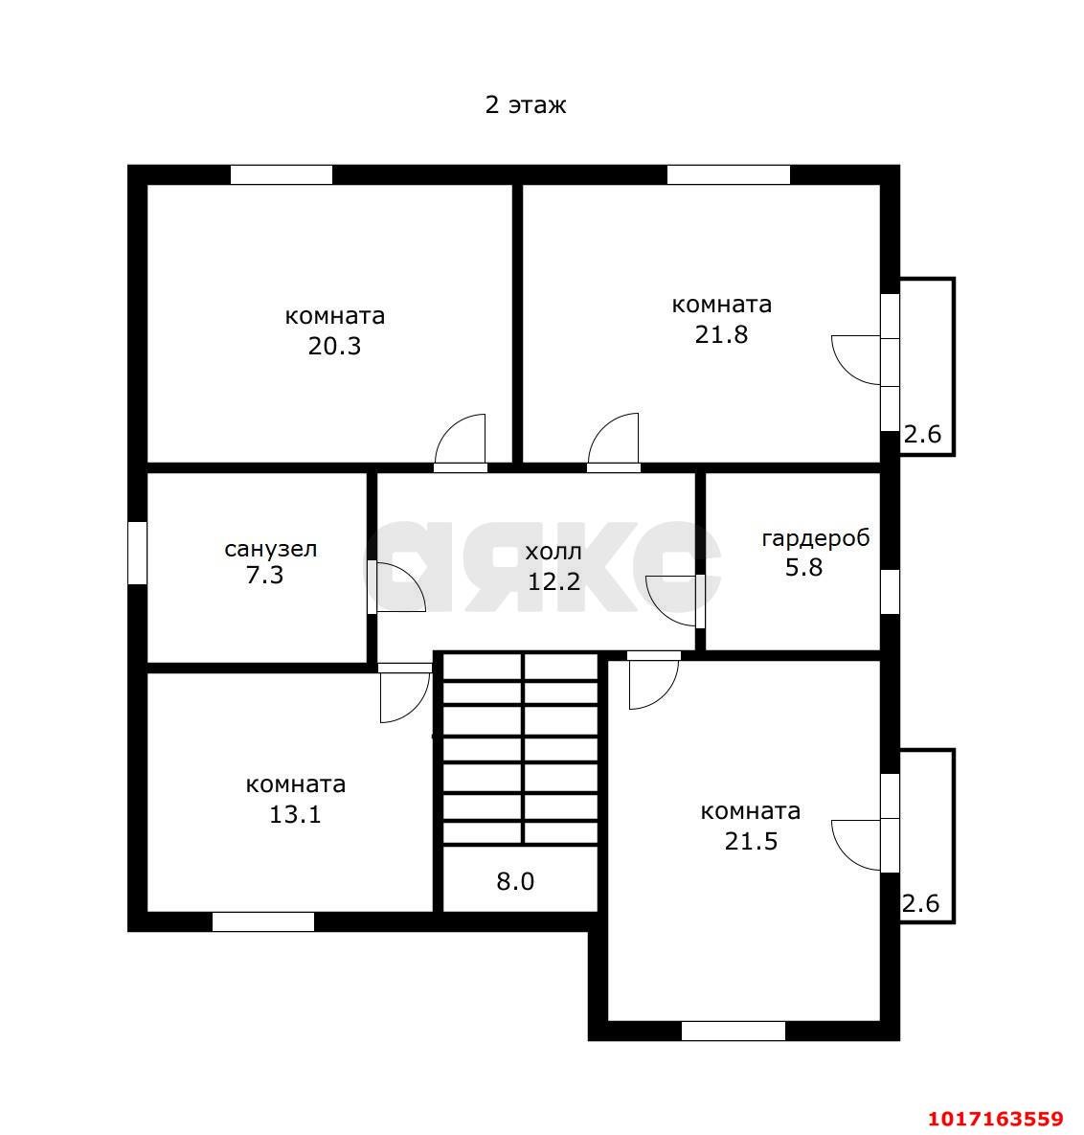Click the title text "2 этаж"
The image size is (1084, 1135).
tap(526, 105)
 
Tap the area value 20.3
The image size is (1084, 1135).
tap(334, 346)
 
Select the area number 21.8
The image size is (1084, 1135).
tap(721, 334)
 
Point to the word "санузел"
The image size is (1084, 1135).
tap(271, 549)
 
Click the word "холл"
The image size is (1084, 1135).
tap(553, 553)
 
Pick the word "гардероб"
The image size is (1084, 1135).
tap(816, 538)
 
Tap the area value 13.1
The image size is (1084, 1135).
tap(295, 814)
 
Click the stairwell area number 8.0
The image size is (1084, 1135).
tap(515, 881)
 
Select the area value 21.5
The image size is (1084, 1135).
tap(751, 841)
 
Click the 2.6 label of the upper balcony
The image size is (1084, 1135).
tap(922, 434)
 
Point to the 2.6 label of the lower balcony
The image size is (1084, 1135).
tap(920, 903)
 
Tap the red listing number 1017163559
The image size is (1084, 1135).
tap(996, 1119)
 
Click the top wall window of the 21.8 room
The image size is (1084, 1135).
tap(728, 175)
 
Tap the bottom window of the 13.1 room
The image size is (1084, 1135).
tap(263, 921)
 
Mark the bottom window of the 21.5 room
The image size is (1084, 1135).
tap(733, 1031)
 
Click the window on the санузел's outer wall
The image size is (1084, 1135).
tap(138, 553)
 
